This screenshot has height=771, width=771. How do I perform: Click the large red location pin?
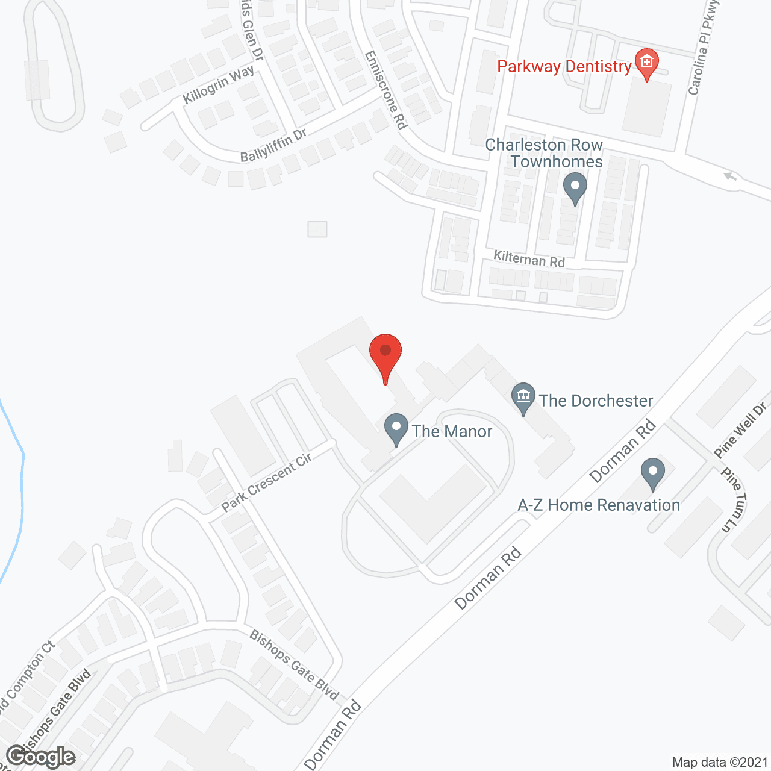[385, 355]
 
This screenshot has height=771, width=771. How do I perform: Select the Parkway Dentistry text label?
[564, 66]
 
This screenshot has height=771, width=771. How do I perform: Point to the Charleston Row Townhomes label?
[545, 153]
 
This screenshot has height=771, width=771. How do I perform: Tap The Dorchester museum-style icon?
[523, 398]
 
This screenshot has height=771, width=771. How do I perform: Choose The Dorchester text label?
[596, 401]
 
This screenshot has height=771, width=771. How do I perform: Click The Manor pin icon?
[396, 429]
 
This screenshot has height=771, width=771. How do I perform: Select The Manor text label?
[452, 431]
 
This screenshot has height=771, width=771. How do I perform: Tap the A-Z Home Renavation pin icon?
[652, 473]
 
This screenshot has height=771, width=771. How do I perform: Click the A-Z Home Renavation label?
[599, 505]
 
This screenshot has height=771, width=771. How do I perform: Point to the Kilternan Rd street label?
[529, 259]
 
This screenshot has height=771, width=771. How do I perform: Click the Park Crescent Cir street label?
[266, 482]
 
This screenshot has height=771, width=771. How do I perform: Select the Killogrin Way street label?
[218, 85]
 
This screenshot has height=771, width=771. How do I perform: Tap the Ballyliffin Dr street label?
[273, 145]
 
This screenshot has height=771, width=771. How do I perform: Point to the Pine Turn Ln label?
[734, 500]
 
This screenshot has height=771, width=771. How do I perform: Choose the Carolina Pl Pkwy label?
[703, 48]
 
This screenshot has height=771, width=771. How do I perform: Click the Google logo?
[40, 757]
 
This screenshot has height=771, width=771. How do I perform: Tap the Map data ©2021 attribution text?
[720, 762]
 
